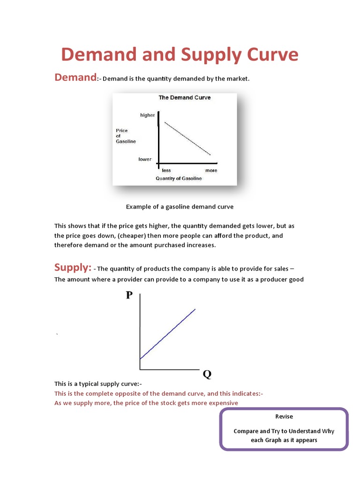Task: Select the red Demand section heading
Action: [x=75, y=77]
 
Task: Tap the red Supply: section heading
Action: [x=73, y=267]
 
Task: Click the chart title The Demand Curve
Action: [x=184, y=98]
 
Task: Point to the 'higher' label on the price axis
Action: [x=147, y=115]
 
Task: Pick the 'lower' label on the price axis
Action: [x=145, y=159]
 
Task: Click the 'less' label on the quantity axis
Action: [x=166, y=171]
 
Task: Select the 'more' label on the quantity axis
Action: [x=211, y=171]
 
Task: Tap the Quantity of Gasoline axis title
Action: [x=179, y=179]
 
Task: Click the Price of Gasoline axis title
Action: [x=126, y=136]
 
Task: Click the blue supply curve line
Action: [x=168, y=333]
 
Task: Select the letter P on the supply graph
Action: [x=129, y=295]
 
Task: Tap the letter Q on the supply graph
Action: [x=207, y=375]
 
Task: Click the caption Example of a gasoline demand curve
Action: [x=180, y=206]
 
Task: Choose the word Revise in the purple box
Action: [x=284, y=416]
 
